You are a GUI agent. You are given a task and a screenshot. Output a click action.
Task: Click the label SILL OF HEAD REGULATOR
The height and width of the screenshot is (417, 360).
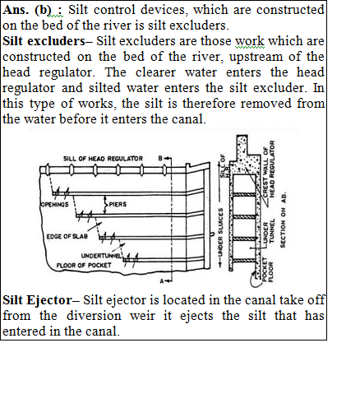[103, 159]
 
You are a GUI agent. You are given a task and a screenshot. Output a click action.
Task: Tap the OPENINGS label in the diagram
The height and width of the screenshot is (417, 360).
[54, 204]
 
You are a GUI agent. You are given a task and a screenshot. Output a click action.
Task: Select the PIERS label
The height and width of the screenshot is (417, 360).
[118, 204]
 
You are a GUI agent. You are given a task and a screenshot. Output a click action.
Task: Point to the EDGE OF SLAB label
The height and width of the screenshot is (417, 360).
[67, 236]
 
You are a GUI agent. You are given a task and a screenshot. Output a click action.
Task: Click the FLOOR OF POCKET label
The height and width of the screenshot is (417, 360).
[84, 266]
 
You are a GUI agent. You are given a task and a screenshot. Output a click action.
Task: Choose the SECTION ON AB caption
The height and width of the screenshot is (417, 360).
[283, 220]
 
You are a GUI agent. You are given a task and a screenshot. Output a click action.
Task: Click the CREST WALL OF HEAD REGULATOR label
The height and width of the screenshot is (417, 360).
[269, 169]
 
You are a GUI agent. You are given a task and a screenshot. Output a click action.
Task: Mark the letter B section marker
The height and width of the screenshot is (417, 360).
[160, 158]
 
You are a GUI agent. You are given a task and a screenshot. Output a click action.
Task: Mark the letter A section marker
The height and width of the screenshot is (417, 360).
[162, 281]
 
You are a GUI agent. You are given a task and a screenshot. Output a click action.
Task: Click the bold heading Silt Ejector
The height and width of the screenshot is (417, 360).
[37, 300]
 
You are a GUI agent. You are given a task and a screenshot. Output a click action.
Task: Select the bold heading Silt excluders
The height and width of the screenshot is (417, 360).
[44, 41]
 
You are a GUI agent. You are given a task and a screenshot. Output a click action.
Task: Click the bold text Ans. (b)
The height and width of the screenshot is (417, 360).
[26, 10]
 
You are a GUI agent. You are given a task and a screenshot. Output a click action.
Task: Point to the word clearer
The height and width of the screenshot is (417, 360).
[155, 72]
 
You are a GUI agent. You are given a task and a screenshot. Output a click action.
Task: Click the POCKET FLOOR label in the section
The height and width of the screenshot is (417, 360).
[267, 270]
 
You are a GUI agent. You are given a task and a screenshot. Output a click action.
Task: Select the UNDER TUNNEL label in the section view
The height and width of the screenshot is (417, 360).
[268, 231]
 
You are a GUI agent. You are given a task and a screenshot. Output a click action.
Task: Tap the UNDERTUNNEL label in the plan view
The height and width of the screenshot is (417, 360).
[100, 256]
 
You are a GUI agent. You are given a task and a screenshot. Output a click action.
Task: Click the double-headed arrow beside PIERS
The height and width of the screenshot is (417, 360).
[104, 205]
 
